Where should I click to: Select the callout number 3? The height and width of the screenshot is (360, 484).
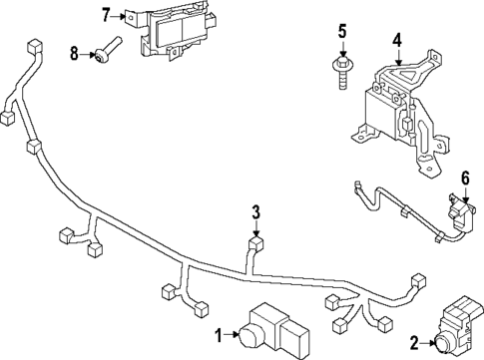pos(255,211)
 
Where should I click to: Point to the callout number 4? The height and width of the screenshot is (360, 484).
pos(396,42)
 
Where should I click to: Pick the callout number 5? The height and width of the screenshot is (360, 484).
pos(341,32)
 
